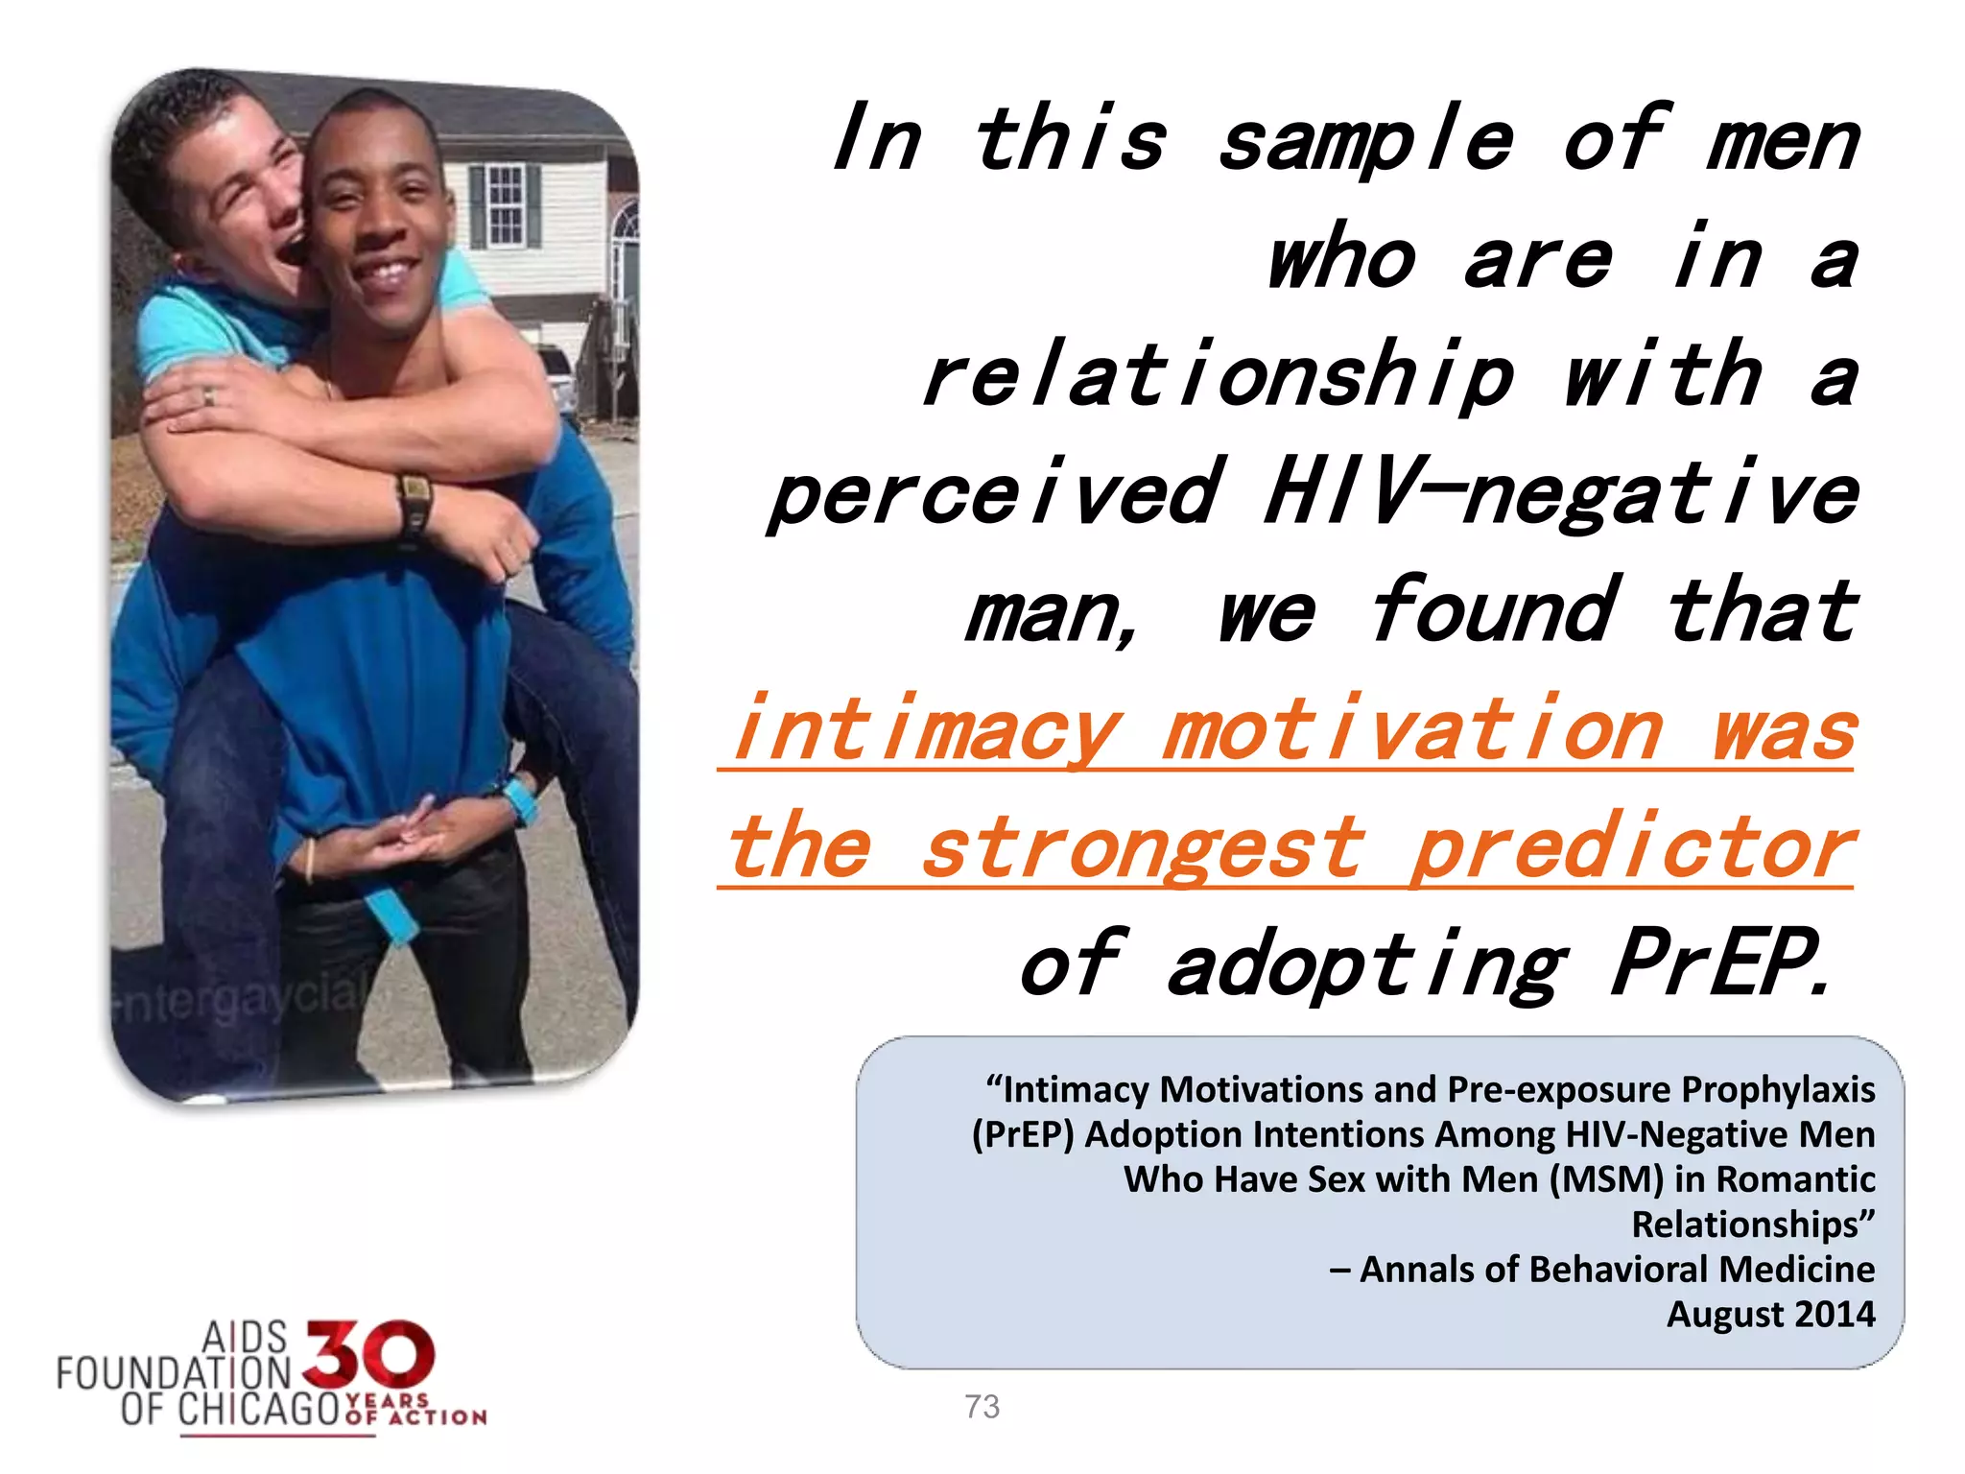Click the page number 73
click(982, 1407)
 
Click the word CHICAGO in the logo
click(259, 1410)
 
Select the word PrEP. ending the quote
click(1717, 963)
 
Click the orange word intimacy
click(927, 730)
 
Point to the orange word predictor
click(1631, 847)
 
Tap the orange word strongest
click(1142, 847)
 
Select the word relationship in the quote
click(1219, 376)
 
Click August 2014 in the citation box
click(1770, 1314)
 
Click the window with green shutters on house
click(505, 203)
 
